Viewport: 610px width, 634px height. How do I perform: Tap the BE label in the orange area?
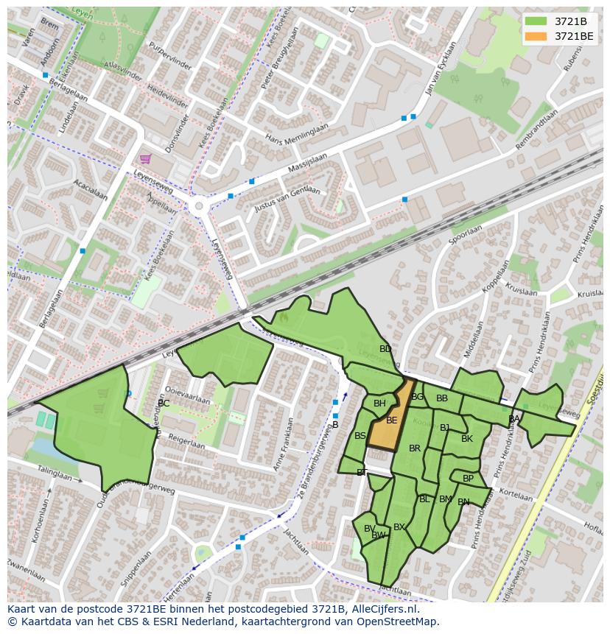(392, 420)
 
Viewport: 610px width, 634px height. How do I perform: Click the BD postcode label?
(385, 349)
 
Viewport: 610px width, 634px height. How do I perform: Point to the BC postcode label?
(164, 404)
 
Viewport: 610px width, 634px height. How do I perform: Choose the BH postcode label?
(379, 404)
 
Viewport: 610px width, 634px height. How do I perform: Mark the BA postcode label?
(514, 419)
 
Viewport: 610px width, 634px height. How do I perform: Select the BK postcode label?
(467, 439)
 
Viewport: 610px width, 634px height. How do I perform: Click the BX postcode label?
(399, 527)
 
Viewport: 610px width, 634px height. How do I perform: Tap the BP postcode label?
(469, 479)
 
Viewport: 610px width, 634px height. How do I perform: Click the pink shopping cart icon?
(146, 158)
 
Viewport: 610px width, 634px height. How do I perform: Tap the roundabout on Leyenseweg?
(197, 207)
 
